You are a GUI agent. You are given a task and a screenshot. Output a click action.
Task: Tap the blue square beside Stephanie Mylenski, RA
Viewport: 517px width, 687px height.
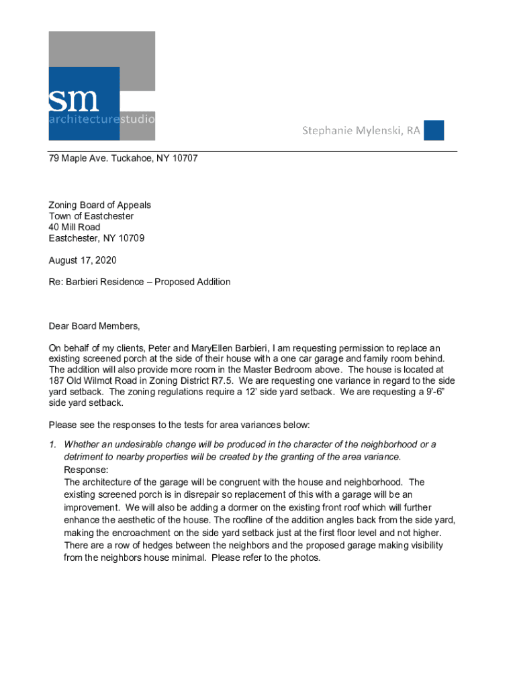pos(434,130)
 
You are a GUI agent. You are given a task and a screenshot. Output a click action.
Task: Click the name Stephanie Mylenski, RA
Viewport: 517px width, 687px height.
pos(361,130)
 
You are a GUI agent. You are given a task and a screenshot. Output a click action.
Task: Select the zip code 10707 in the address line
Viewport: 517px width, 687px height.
pos(185,159)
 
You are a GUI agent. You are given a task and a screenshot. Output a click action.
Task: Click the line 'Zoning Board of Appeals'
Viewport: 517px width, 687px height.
pos(100,205)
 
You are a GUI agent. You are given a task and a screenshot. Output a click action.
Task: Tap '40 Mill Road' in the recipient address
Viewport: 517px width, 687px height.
pos(75,227)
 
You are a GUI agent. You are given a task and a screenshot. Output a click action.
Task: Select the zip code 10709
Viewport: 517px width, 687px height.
pos(131,238)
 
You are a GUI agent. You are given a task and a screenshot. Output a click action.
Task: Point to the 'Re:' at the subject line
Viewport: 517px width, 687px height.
pos(55,282)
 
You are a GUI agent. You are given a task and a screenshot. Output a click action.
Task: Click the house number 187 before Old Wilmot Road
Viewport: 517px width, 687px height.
pos(57,381)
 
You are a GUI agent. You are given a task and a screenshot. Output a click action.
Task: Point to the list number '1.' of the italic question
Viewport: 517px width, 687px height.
pos(53,445)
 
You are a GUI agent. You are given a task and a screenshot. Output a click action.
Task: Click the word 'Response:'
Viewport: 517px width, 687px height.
pos(86,470)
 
